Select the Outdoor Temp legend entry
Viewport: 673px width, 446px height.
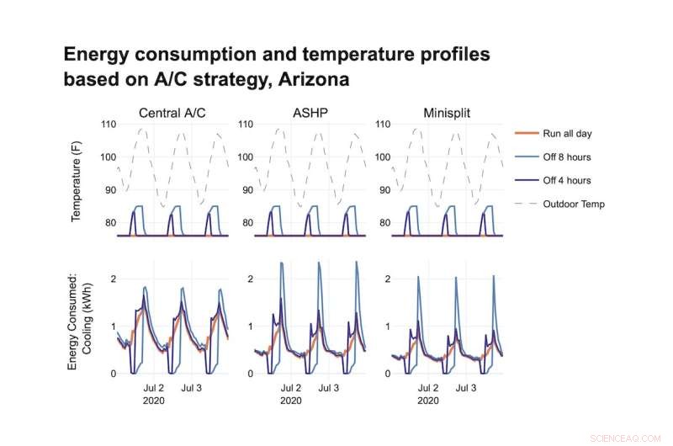click(x=574, y=204)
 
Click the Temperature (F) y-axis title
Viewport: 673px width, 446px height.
click(x=76, y=181)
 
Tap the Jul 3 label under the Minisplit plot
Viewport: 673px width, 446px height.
click(x=464, y=389)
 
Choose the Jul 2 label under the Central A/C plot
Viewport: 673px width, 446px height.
click(x=153, y=389)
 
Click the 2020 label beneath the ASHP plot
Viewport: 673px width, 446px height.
click(x=290, y=401)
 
